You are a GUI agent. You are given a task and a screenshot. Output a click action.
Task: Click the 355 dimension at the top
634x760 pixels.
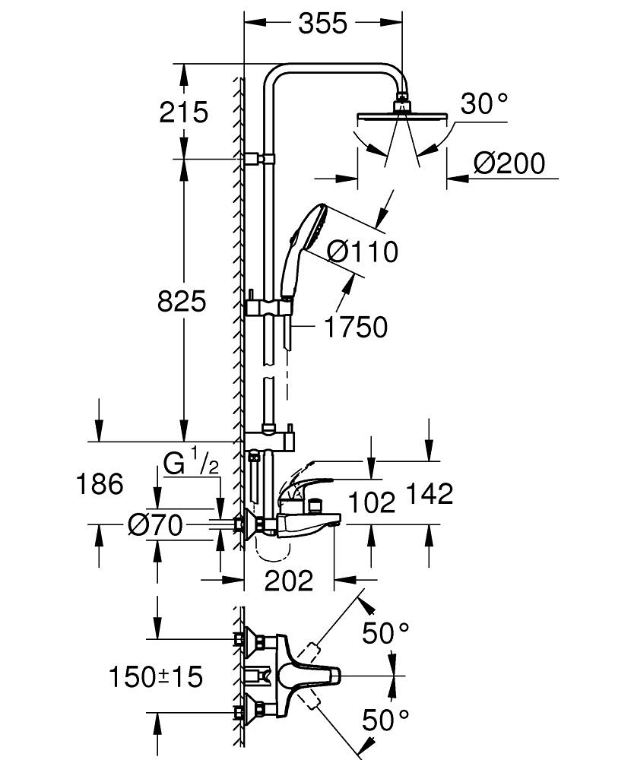tap(322, 24)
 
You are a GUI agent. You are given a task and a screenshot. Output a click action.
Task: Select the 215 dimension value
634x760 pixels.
tap(183, 112)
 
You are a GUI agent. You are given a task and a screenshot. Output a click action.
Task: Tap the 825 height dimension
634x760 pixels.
tap(182, 302)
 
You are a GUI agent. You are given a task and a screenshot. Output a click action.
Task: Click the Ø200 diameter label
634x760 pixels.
tap(509, 163)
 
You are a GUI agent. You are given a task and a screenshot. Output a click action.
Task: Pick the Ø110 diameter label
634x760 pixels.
tap(363, 251)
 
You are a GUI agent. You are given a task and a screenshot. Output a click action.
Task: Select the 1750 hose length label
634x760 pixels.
tap(355, 328)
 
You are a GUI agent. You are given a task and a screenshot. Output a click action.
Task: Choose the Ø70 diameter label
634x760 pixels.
tap(155, 524)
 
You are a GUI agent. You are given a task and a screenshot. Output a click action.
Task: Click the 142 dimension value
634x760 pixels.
tap(428, 494)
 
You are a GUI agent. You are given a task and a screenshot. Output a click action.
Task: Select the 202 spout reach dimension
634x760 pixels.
tap(288, 581)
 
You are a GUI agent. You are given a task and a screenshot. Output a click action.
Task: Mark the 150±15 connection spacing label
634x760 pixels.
tap(155, 676)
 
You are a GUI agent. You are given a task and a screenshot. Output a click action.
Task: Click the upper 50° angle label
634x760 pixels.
tap(385, 632)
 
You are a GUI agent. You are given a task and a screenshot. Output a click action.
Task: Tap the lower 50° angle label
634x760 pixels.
tap(385, 719)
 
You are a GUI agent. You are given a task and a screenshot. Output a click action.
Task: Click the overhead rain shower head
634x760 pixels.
tap(401, 116)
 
